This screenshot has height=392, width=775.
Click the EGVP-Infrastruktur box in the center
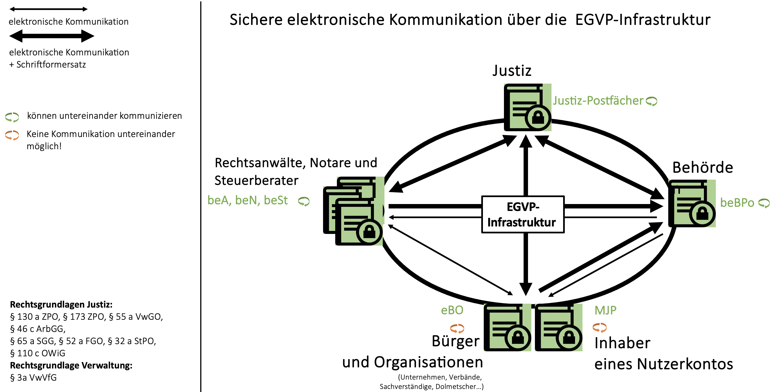pyautogui.click(x=522, y=214)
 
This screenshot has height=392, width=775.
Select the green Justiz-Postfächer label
pyautogui.click(x=598, y=100)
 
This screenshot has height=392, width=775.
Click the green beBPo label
pyautogui.click(x=737, y=203)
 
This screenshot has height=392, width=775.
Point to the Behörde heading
pyautogui.click(x=703, y=167)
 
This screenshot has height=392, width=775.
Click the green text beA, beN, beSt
pyautogui.click(x=248, y=200)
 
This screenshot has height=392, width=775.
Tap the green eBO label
pyautogui.click(x=452, y=310)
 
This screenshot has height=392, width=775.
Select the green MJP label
pyautogui.click(x=605, y=310)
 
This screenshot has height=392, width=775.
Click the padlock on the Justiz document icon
pyautogui.click(x=538, y=117)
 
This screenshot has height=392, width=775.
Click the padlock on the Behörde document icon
pyautogui.click(x=702, y=213)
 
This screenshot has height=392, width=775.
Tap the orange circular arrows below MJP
pyautogui.click(x=599, y=327)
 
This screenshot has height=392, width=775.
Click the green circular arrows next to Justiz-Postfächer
pyautogui.click(x=652, y=101)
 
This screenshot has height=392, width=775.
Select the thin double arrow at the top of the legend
pyautogui.click(x=48, y=9)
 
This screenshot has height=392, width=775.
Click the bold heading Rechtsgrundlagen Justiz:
pyautogui.click(x=61, y=305)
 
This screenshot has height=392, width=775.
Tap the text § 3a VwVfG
pyautogui.click(x=33, y=378)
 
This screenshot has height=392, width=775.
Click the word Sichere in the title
pyautogui.click(x=256, y=20)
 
